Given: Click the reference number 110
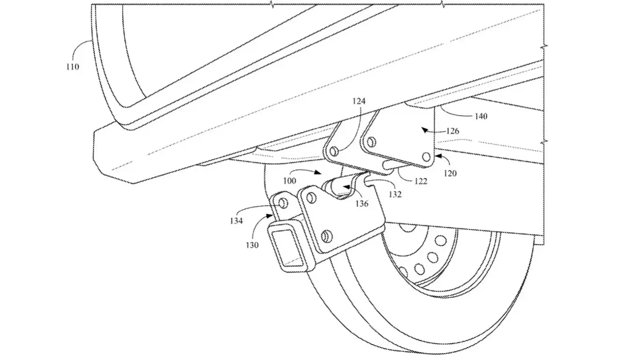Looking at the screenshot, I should [x=72, y=67].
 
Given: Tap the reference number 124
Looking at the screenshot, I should [x=360, y=101].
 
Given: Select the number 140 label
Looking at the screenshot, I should [x=477, y=116].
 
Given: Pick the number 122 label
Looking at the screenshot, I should [x=421, y=181].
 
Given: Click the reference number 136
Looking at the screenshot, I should [x=361, y=203].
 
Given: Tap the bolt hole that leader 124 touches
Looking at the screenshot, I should [x=334, y=151].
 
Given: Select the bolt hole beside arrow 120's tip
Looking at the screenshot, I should [x=425, y=157].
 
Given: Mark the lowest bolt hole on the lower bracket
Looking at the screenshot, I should [x=327, y=235].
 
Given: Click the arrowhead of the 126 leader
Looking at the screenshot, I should [x=423, y=131].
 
